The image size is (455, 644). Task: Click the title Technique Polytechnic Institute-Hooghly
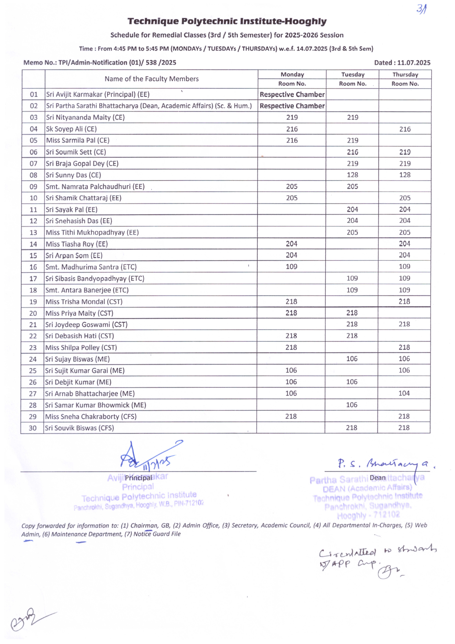pos(227,22)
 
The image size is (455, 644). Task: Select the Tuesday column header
pos(353,75)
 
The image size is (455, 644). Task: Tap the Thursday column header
pos(405,75)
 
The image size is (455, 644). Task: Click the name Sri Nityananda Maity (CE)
pos(85,117)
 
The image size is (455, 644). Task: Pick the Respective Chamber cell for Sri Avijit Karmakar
pos(292,94)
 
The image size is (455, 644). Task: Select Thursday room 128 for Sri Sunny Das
pos(405,175)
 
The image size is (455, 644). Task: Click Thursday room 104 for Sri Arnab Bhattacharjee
pos(404,393)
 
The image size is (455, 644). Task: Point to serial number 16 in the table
pos(33,267)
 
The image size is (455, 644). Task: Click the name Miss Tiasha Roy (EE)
pos(77,244)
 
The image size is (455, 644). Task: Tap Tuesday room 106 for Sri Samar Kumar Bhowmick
pos(351,405)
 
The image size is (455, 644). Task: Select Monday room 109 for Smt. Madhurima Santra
pos(292,267)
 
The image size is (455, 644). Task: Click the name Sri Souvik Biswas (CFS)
pos(79,428)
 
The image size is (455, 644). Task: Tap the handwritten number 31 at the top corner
pos(422,9)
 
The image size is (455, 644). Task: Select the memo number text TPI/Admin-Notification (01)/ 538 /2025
pos(117,63)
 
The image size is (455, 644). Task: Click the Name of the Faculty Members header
pos(151,79)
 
